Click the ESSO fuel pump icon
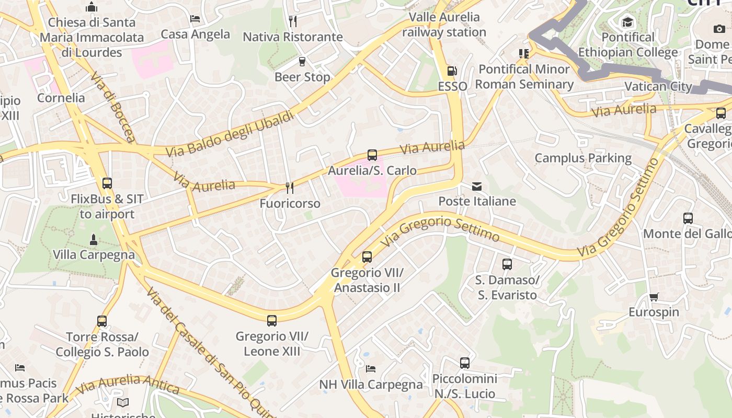click(451, 71)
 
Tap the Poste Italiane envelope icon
click(477, 186)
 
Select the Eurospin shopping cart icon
click(654, 297)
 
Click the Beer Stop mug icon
click(302, 62)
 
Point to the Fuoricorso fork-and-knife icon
click(289, 188)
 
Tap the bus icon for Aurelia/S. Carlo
click(372, 155)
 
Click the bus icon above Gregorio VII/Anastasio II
click(367, 257)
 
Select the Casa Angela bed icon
click(195, 19)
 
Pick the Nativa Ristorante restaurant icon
click(293, 21)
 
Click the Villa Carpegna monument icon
click(94, 239)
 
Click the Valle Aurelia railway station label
click(444, 25)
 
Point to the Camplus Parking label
click(583, 158)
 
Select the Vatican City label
click(658, 87)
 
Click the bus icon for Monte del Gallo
click(688, 218)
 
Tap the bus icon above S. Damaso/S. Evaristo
click(507, 264)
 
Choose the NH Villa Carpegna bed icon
click(371, 369)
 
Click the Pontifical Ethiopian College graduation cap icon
click(627, 22)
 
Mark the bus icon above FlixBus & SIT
click(107, 183)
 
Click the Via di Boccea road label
click(113, 108)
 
